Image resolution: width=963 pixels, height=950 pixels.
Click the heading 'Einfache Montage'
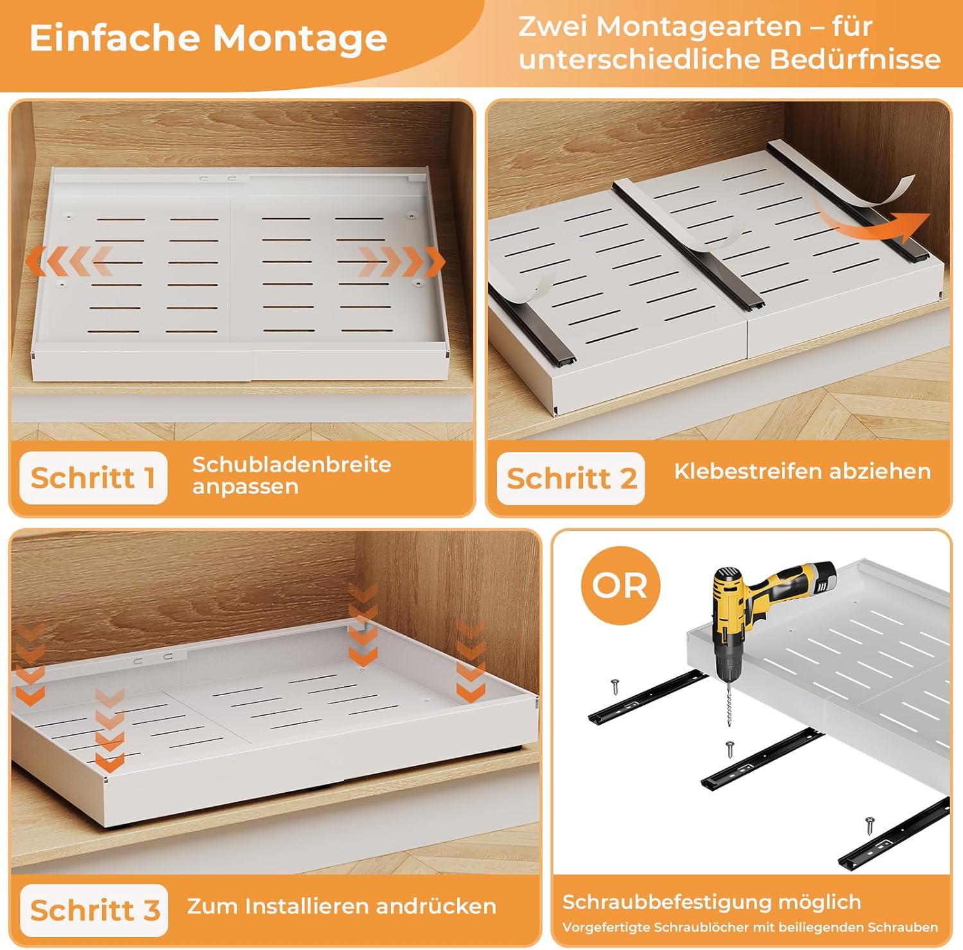point(208,39)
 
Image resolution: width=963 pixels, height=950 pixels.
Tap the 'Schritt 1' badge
point(93,478)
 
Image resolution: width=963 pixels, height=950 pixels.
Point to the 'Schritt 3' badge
point(94,910)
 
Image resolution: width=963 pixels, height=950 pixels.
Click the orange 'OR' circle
point(620,585)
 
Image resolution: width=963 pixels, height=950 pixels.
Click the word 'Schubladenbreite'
point(291,464)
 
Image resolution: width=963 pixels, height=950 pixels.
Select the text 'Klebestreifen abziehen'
point(802,471)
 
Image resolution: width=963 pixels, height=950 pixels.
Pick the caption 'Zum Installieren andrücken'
point(342,906)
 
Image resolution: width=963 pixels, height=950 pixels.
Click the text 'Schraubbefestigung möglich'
point(711,902)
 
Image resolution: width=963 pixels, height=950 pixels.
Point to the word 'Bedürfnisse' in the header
point(855,59)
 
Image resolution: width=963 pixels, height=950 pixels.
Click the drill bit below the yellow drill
point(729,703)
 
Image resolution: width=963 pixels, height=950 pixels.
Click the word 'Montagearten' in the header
point(699,27)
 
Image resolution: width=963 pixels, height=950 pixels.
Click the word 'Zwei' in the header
point(551,27)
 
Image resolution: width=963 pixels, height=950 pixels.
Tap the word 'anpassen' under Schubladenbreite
point(245,487)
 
